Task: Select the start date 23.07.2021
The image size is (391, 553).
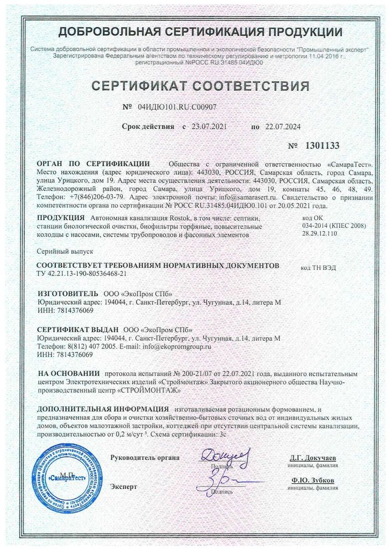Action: tap(208, 127)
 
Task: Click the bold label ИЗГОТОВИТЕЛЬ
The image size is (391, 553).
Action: tap(67, 293)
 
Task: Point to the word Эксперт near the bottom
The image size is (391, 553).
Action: tap(123, 487)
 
